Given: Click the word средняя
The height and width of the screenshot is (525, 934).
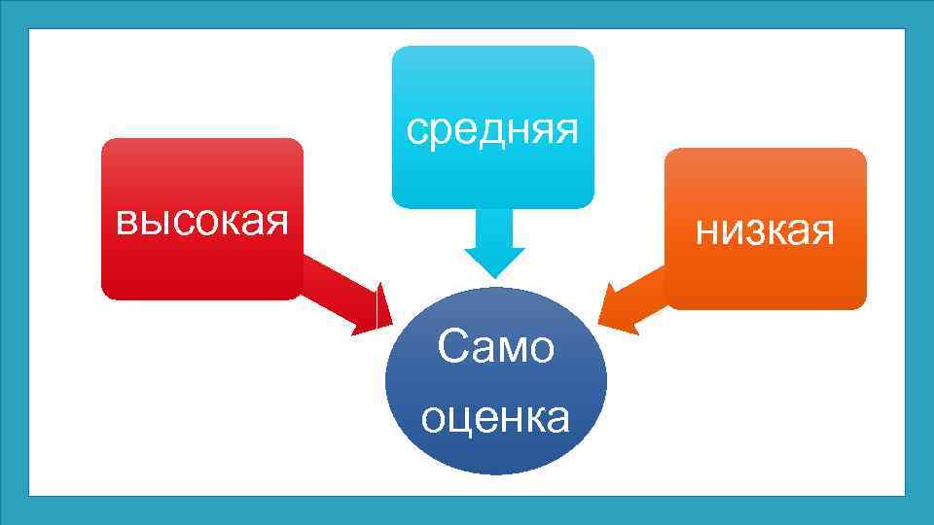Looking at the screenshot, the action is pyautogui.click(x=492, y=129).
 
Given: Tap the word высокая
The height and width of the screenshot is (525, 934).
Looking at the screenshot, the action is pyautogui.click(x=202, y=222).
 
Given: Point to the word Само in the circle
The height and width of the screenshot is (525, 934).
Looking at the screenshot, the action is pyautogui.click(x=495, y=348).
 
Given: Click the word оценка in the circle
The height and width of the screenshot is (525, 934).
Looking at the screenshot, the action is pyautogui.click(x=495, y=418).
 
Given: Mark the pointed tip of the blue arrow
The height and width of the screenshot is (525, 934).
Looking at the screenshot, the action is pyautogui.click(x=494, y=277).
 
